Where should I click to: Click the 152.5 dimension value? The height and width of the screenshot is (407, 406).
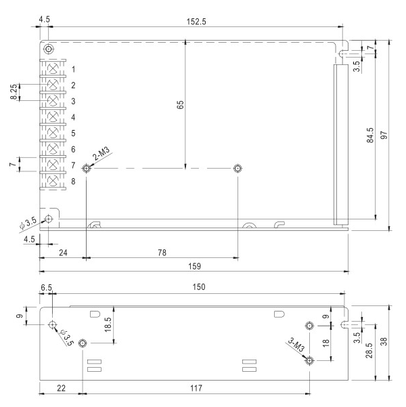pos(197,21)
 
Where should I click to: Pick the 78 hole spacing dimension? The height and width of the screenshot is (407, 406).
pos(162,253)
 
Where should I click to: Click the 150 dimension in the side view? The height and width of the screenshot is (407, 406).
pos(198,288)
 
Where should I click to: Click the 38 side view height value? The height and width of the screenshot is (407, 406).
pos(384,342)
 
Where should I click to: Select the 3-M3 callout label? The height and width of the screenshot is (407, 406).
pos(295,345)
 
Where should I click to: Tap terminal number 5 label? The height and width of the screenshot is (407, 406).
pos(73,133)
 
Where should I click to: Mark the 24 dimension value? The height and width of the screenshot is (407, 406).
pos(62,253)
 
